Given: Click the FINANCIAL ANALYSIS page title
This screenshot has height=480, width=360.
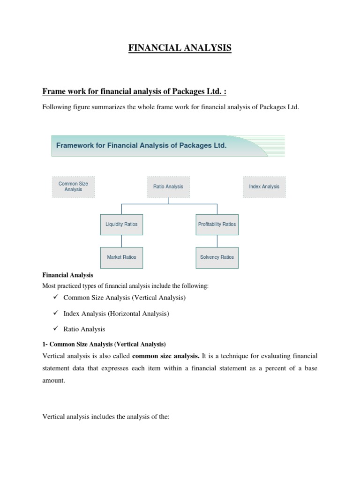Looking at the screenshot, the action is pos(180,48).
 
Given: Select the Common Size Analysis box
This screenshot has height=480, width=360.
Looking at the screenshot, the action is pos(73,187).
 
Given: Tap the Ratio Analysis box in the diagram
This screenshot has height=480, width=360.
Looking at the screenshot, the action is pos(168,187).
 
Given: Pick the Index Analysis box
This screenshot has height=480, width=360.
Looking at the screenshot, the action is pos(264,187).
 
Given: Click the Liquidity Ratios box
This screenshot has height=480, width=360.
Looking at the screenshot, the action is pos(121,224).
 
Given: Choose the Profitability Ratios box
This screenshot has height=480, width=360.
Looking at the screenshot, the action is pos(217,224).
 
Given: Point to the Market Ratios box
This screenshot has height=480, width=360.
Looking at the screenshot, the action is pos(121,257).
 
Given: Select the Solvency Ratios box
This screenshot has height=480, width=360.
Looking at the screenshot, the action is pos(217,257).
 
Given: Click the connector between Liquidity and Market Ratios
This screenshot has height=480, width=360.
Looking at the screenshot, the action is pos(122,241).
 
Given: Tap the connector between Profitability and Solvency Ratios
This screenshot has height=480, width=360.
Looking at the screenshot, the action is pos(217,241).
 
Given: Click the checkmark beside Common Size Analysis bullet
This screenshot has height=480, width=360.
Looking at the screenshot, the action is pos(55,297).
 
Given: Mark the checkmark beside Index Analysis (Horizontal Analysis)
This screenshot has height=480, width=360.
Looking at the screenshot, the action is pos(55,313).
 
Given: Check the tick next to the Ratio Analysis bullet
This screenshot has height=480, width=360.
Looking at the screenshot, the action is pos(55,328).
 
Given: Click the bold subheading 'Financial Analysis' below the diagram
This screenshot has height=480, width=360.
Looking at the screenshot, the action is pos(68,275).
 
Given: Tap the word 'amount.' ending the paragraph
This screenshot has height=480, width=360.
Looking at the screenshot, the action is pos(54,381).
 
